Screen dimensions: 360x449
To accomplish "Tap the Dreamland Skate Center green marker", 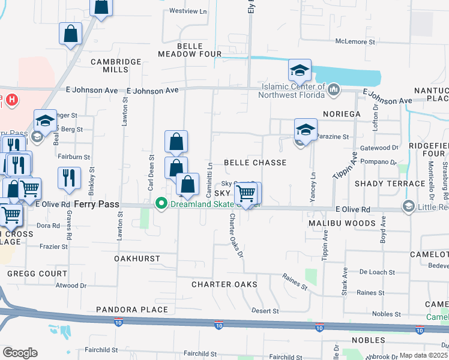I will [x=161, y=205].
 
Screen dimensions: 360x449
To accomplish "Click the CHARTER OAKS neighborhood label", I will [x=224, y=284].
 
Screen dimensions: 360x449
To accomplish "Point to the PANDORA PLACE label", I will [x=132, y=310].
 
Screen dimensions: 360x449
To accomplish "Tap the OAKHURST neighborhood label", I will [x=137, y=258].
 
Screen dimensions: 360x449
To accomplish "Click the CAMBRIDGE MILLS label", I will [x=116, y=65].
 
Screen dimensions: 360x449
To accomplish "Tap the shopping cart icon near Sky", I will [x=246, y=193].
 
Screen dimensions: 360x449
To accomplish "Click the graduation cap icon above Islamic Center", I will [x=300, y=71].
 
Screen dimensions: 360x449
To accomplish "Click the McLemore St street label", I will [x=355, y=42].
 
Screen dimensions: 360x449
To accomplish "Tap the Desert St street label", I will [x=265, y=311].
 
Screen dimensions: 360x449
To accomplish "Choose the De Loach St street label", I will [x=377, y=272].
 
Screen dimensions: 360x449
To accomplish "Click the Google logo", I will [x=20, y=352].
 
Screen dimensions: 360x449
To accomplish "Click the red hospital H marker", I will [x=11, y=98].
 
